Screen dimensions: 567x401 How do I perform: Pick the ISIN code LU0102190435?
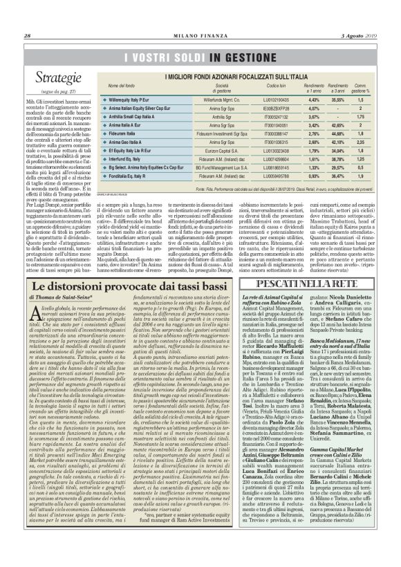point(257,100)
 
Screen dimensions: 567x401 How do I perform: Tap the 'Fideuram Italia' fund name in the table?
point(115,133)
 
